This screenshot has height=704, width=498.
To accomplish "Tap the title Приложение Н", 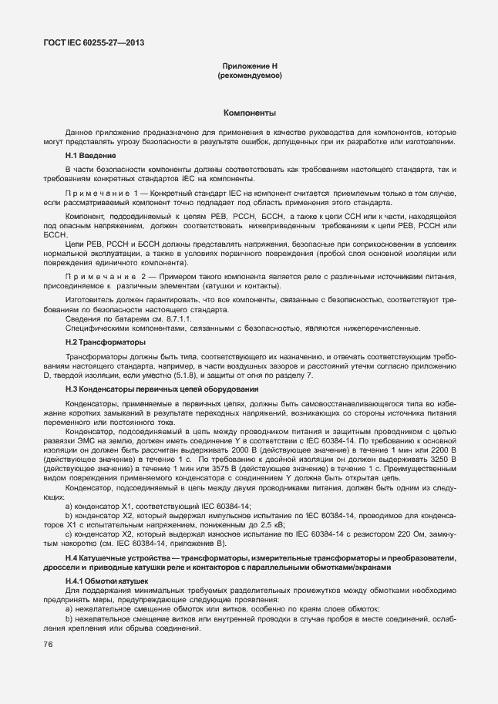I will (249, 67).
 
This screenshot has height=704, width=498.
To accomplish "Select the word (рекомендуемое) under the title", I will (249, 76).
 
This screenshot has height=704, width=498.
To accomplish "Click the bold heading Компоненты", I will (249, 113).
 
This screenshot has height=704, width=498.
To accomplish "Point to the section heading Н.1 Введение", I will (91, 156).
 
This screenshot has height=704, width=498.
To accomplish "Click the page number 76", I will (48, 644).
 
